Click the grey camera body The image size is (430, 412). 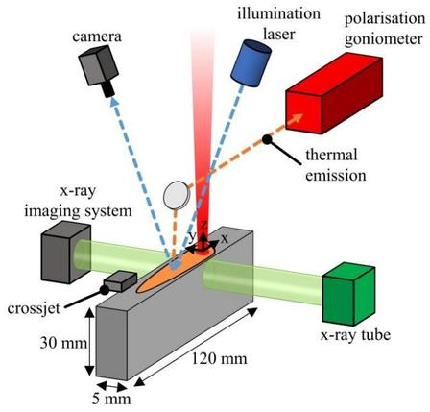pos(99,65)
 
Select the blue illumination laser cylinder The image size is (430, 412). pos(251,63)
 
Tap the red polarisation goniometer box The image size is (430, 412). pos(334,95)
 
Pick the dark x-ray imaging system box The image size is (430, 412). pos(66,252)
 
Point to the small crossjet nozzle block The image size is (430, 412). pos(120,281)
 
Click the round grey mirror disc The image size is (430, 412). pos(177,195)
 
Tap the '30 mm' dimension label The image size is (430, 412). pos(63,343)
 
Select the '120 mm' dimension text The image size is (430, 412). pos(220,358)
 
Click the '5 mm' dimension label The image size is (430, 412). pos(111,399)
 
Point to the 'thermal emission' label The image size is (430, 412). pos(336,165)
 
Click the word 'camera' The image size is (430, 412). pos(97,36)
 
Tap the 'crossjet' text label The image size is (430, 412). pos(34,309)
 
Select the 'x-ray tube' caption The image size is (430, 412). pos(355,335)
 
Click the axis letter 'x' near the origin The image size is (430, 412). pos(225,238)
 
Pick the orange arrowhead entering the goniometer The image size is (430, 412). pos(297,118)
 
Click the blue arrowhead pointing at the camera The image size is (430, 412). pos(114,102)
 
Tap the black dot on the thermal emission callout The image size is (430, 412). pos(266,139)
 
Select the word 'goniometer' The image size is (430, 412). pos(384,40)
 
